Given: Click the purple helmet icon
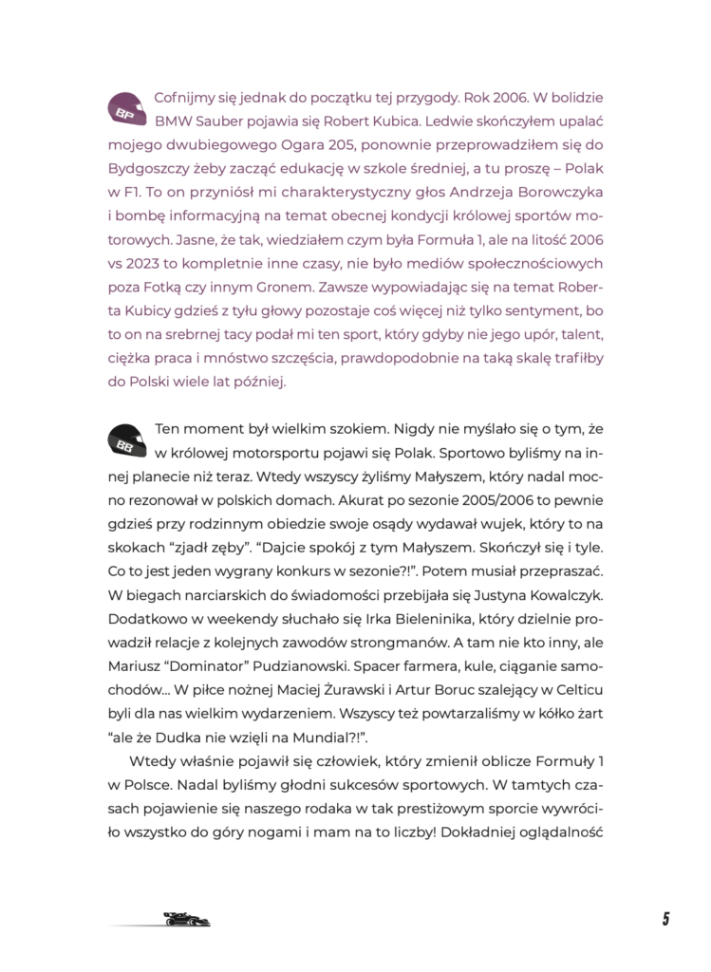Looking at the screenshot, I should pos(127,109).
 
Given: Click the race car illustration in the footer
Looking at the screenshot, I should pos(186,919).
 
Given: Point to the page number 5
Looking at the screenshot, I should pos(665,918).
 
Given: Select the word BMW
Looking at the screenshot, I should pos(173,121).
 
